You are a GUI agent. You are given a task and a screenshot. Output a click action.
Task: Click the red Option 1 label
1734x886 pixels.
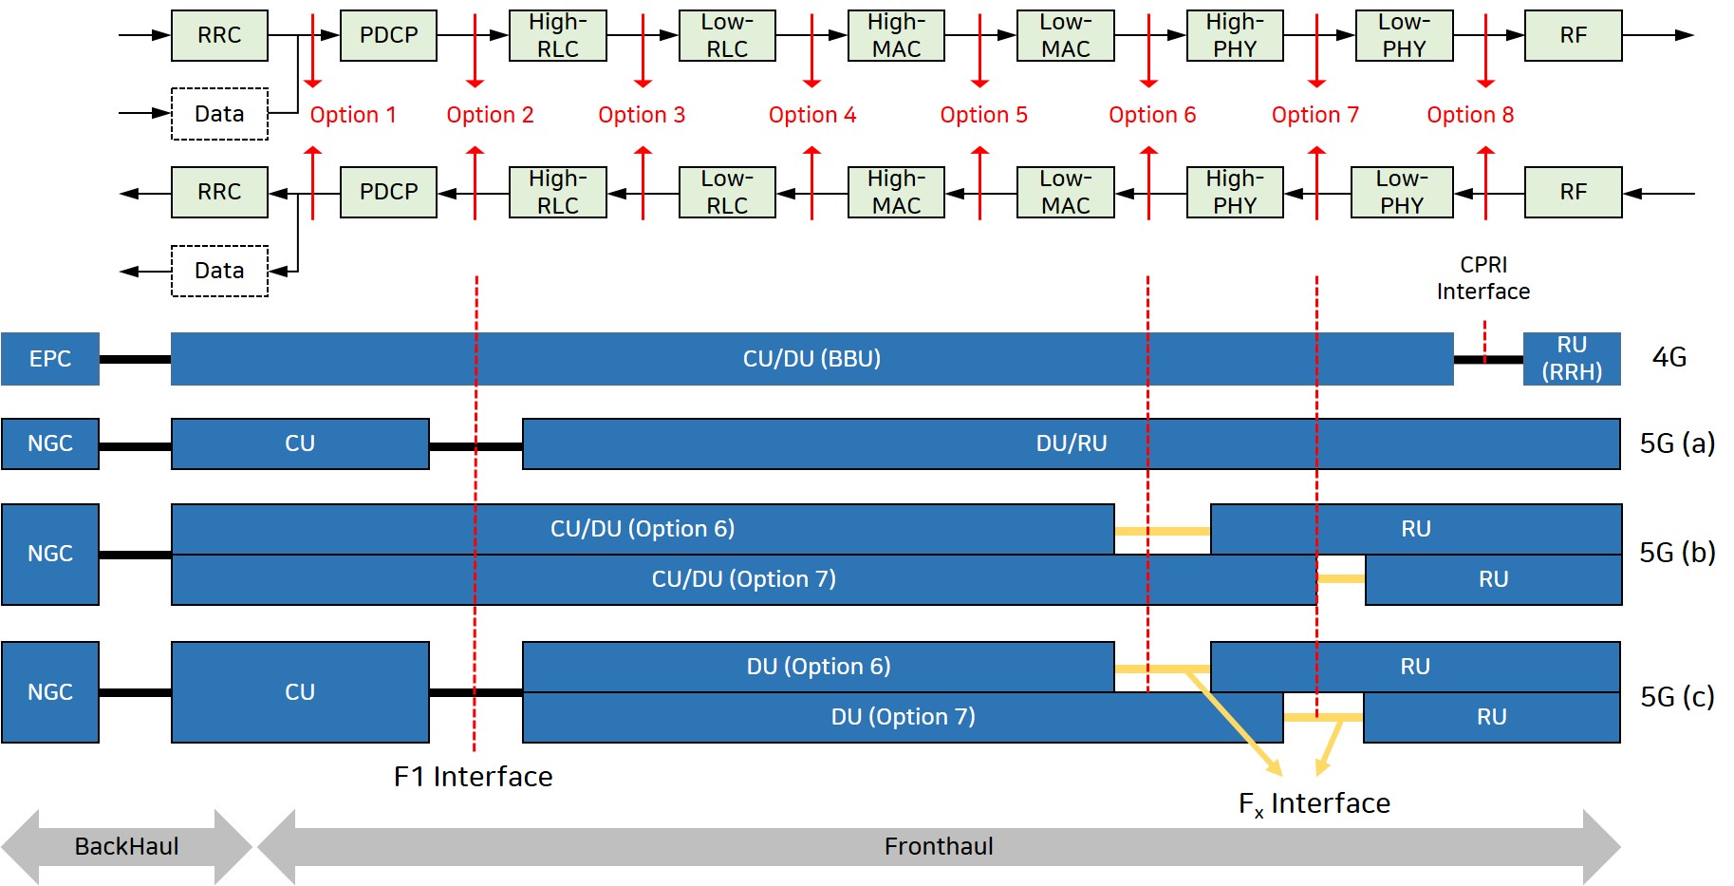[x=353, y=115]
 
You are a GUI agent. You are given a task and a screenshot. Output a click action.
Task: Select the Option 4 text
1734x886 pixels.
[x=812, y=115]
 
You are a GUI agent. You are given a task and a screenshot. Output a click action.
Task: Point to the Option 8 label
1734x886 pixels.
[x=1470, y=115]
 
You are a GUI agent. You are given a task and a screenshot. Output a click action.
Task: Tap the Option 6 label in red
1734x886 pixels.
[x=1152, y=115]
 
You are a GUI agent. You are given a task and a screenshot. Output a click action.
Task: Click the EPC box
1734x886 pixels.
[x=50, y=359]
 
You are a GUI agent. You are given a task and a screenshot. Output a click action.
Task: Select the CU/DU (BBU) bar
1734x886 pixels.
[x=811, y=359]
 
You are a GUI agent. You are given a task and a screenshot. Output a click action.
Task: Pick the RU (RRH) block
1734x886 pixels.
[x=1572, y=359]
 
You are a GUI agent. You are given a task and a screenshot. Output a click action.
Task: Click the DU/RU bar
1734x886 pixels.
[x=1071, y=443]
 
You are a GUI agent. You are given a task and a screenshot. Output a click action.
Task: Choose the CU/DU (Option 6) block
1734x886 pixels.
[x=643, y=529]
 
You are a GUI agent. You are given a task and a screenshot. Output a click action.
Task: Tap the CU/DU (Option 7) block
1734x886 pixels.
[x=743, y=579]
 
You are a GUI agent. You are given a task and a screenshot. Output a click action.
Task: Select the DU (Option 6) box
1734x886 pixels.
[x=818, y=667]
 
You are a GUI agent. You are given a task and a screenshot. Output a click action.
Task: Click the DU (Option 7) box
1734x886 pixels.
[x=903, y=717]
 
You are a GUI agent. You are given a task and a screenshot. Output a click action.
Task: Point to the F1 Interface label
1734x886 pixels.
[x=473, y=777]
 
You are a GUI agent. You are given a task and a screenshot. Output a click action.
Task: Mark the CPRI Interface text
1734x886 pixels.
[x=1482, y=278]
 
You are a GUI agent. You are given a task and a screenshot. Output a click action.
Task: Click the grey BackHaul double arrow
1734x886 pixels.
[x=126, y=846]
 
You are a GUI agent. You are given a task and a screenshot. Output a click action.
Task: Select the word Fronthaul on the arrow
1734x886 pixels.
[x=939, y=846]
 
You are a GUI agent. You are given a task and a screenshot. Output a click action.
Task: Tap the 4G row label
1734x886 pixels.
[x=1669, y=358]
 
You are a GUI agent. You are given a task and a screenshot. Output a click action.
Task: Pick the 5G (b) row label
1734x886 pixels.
[x=1677, y=553]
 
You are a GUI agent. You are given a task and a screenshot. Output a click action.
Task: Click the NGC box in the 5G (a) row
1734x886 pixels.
[x=50, y=443]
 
